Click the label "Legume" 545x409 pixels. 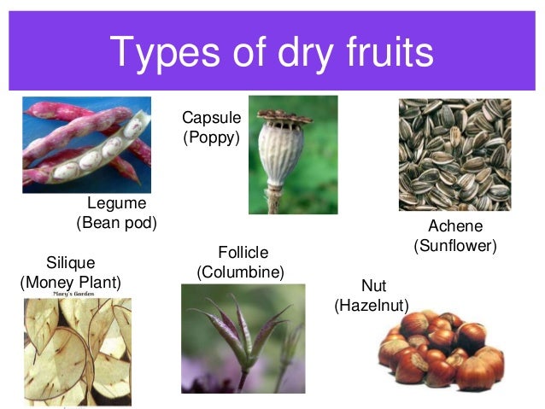[117, 203]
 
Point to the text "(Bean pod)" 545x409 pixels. [117, 223]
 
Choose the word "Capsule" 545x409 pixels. [212, 117]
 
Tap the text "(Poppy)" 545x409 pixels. [212, 137]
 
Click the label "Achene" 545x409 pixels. [455, 226]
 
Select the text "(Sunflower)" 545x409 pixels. [455, 246]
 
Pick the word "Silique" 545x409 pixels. [70, 262]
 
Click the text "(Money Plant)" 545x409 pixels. [70, 281]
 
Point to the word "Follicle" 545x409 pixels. [243, 252]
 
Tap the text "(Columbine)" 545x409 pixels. [240, 272]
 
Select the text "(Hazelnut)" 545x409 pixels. [372, 305]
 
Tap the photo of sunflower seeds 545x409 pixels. [454, 155]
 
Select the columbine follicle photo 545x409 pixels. [243, 338]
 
